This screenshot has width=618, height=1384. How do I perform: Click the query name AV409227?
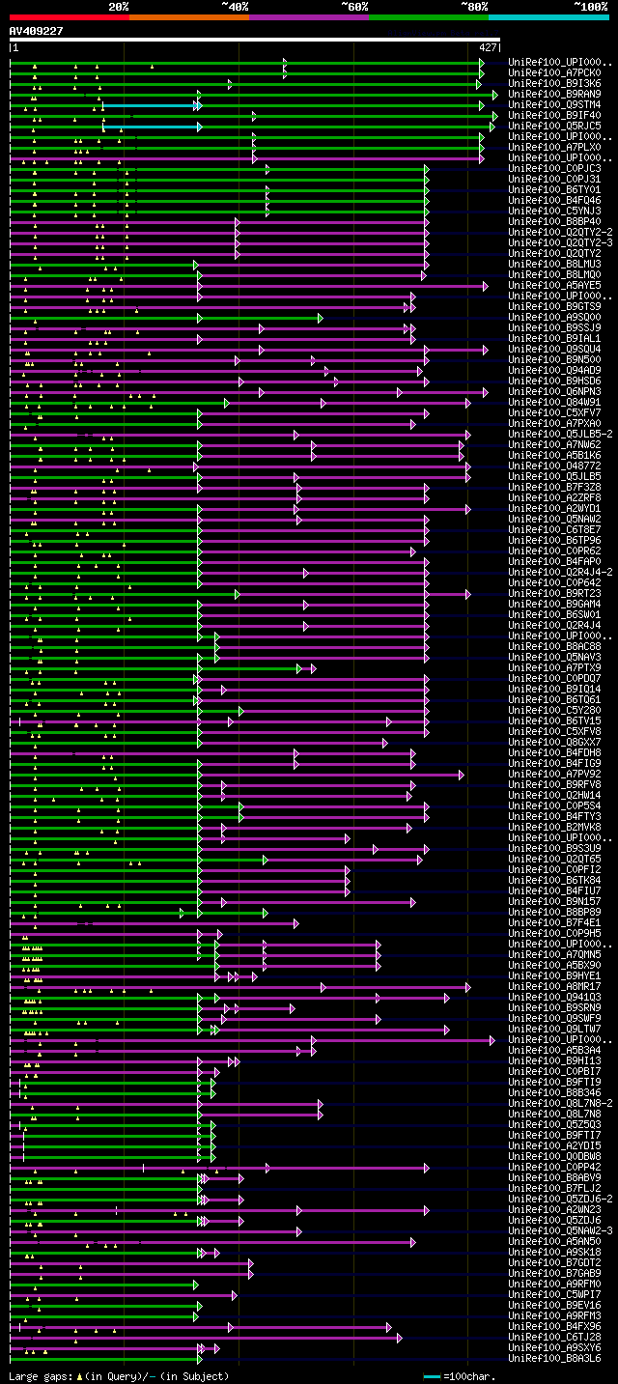coord(37,31)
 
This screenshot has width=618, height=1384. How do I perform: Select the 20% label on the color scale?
coord(119,7)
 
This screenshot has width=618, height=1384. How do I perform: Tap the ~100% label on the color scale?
coord(590,7)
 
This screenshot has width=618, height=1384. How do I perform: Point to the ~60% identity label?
coord(354,7)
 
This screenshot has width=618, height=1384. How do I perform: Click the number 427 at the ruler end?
coord(488,46)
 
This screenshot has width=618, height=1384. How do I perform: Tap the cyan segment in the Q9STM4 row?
coord(150,105)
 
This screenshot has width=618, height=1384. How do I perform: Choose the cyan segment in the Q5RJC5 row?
coord(150,127)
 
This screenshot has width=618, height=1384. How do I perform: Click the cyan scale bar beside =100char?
coord(432,1376)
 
